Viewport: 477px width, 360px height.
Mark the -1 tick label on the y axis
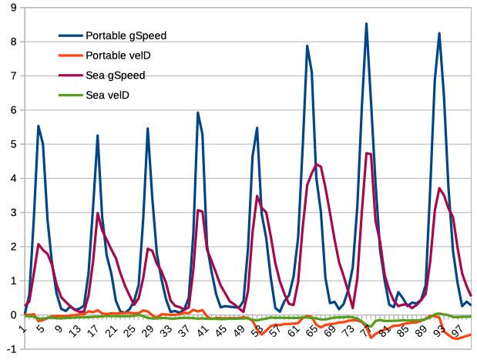9,349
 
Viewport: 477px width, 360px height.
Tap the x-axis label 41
197,331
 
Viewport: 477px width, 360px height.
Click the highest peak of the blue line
366,24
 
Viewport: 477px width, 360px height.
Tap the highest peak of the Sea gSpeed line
368,153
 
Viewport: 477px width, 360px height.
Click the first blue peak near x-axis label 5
39,126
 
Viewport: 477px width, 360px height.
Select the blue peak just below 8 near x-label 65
307,45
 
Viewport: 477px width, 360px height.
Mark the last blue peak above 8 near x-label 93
439,33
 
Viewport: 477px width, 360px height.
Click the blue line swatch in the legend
72,36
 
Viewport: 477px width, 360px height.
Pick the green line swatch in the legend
72,95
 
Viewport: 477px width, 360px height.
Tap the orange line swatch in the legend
72,56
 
